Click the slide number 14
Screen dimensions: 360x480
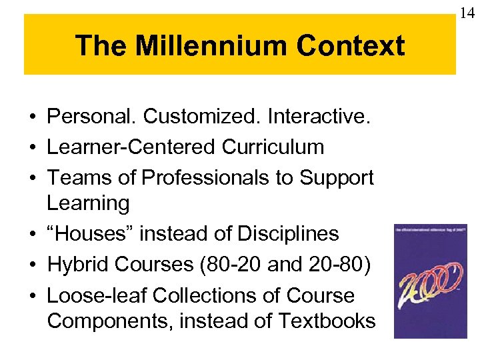point(467,11)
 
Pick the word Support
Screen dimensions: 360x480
point(336,178)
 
